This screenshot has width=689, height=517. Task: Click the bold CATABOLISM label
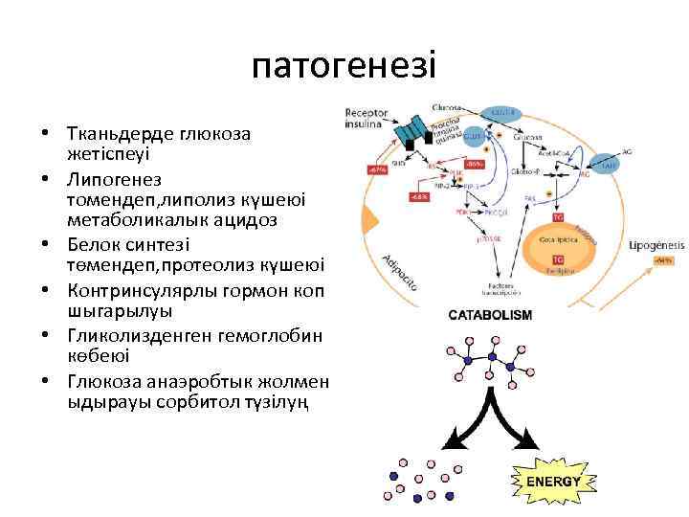[491, 314]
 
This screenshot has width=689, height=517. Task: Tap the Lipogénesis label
[656, 245]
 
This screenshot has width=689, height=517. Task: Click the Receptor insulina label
[367, 118]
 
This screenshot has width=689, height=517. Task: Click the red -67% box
[377, 170]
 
